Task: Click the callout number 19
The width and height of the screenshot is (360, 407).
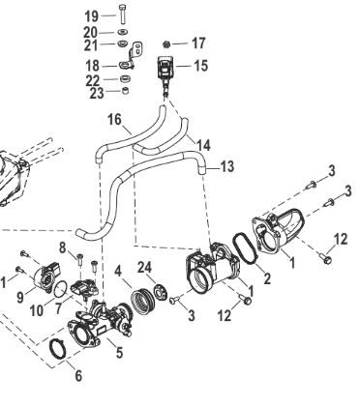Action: coord(91,15)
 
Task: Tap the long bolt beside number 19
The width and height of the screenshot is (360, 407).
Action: coord(122,14)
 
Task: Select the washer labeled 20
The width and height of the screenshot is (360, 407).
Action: coord(122,32)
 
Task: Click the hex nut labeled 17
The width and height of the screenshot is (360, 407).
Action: coord(166,44)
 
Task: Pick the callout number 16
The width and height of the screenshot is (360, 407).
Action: coord(114,119)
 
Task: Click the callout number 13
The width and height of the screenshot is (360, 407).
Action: coord(227,167)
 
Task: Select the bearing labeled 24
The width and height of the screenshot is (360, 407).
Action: coord(160,291)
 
